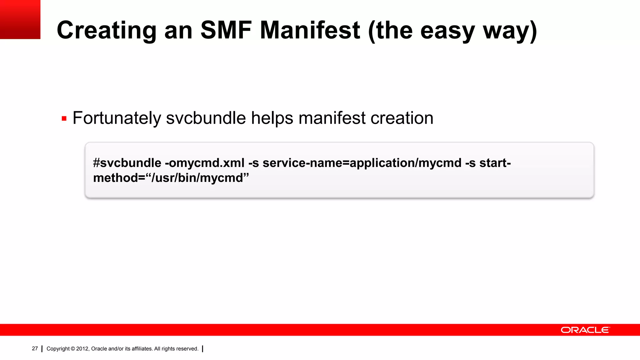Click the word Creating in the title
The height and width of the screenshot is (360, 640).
tap(106, 30)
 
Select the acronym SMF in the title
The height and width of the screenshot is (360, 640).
tap(226, 30)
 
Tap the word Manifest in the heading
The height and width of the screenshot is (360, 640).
tap(310, 30)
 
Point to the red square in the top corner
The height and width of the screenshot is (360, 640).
tap(20, 19)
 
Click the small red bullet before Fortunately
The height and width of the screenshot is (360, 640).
tap(64, 119)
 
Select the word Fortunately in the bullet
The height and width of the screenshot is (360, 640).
tap(117, 118)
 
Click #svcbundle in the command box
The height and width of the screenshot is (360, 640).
tap(127, 163)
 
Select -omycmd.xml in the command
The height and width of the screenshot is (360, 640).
tap(205, 163)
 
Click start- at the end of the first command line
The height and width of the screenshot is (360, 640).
tap(495, 163)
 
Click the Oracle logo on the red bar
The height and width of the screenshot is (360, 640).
tap(585, 330)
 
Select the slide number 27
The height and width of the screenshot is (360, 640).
tap(35, 348)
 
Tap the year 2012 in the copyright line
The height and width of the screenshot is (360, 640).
tap(83, 349)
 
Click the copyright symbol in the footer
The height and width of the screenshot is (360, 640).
tap(73, 349)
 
